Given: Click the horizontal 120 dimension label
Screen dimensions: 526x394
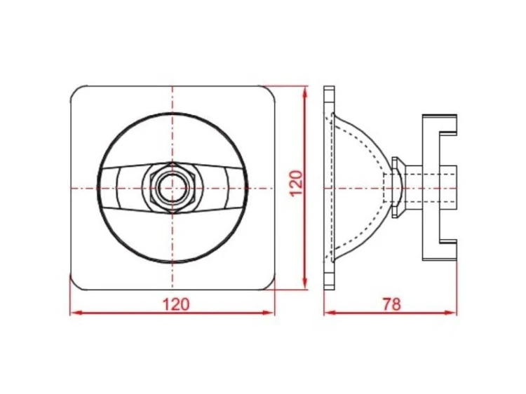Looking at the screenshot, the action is pyautogui.click(x=176, y=304).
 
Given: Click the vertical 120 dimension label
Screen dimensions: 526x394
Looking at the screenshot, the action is pyautogui.click(x=297, y=183).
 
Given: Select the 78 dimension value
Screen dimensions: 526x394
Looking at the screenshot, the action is pyautogui.click(x=392, y=304).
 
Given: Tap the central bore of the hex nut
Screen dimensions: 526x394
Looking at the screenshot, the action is pyautogui.click(x=172, y=188).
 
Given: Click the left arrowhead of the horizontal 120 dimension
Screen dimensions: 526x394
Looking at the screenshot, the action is pyautogui.click(x=76, y=313).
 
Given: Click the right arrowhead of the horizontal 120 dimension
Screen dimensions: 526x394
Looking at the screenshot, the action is pyautogui.click(x=268, y=313).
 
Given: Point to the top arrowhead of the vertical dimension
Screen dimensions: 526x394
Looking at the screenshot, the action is pyautogui.click(x=304, y=93).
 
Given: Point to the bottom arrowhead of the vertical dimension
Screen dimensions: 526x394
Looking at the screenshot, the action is pyautogui.click(x=304, y=283).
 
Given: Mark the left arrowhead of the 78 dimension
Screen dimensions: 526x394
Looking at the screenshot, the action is pyautogui.click(x=330, y=313).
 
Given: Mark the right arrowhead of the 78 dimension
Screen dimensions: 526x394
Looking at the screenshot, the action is pyautogui.click(x=450, y=313).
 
